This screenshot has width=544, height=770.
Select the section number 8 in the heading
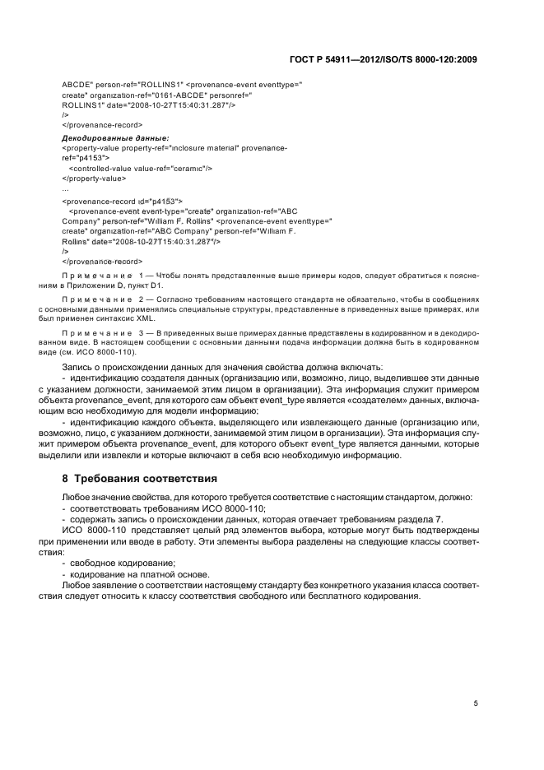coord(66,478)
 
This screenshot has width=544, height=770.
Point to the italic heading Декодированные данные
coord(115,138)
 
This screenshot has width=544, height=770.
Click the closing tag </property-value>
coord(94,178)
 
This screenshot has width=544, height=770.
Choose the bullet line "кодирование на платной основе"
coord(128,573)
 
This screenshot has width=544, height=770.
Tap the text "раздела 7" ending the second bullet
coord(424,521)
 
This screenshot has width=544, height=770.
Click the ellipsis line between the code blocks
coord(66,188)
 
